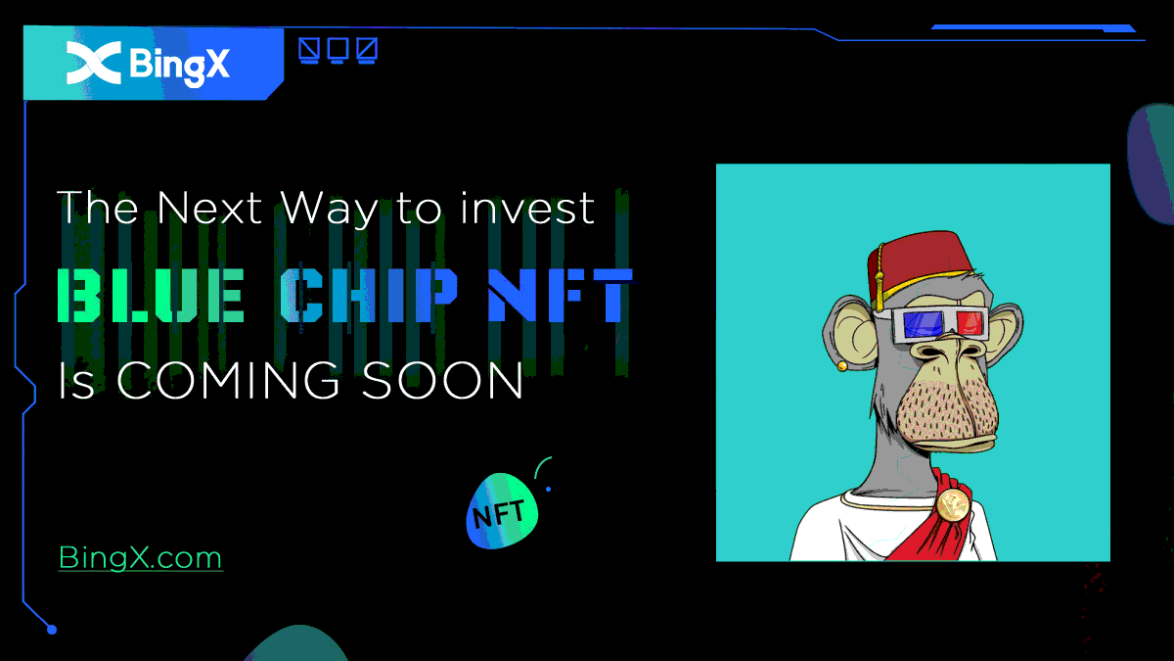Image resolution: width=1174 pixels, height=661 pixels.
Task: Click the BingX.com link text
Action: click(x=141, y=557)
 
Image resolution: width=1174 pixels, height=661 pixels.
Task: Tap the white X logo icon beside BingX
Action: click(x=94, y=63)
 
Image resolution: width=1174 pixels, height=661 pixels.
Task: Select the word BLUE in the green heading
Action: click(x=151, y=296)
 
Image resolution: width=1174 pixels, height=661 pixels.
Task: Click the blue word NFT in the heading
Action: click(x=561, y=296)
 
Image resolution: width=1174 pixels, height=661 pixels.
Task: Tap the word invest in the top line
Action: click(x=527, y=208)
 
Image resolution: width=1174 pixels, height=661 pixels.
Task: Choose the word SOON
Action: click(x=442, y=380)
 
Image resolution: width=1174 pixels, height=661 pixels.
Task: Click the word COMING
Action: click(x=228, y=380)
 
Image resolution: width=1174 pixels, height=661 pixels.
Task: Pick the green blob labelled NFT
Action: click(x=502, y=511)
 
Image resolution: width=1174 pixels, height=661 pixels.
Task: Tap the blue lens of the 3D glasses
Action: click(x=923, y=325)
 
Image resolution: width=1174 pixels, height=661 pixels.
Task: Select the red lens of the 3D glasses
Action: click(x=970, y=323)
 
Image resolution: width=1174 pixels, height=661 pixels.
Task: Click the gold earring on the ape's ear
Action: click(x=841, y=365)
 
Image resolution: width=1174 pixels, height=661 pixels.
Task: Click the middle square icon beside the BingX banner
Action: click(x=338, y=50)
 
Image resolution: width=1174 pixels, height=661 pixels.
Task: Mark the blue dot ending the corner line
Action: click(x=51, y=630)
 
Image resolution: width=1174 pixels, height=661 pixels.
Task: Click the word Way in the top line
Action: click(x=329, y=210)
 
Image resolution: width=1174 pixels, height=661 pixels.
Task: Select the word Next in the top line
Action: click(x=209, y=208)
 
